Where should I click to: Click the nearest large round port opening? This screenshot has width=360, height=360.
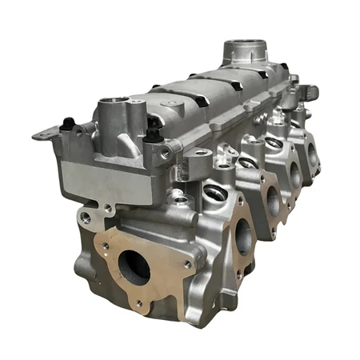[134, 268]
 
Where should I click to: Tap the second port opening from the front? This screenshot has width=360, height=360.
[241, 237]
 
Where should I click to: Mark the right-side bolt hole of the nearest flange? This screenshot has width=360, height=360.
[187, 264]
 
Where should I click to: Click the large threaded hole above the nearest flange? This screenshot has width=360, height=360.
[214, 192]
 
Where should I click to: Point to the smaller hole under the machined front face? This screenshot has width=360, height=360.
[84, 216]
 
